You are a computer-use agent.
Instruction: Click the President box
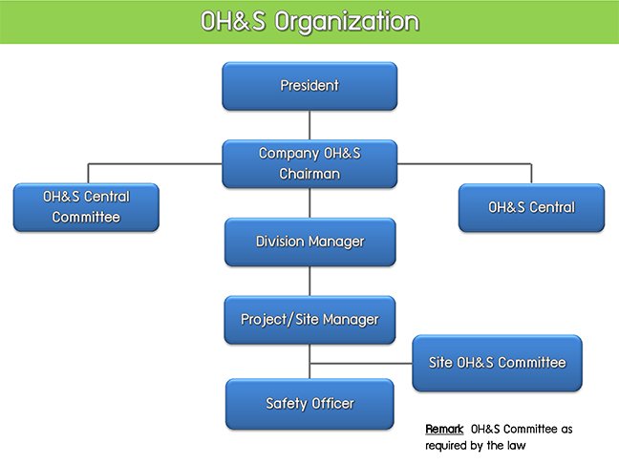click(309, 86)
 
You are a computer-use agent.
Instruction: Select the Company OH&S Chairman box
click(309, 164)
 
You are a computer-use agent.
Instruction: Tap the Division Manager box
click(309, 242)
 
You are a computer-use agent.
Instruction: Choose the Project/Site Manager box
click(309, 320)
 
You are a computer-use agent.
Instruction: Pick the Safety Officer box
click(309, 404)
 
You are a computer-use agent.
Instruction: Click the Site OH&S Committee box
click(497, 363)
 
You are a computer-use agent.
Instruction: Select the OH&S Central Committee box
click(86, 207)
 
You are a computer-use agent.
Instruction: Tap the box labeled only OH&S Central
click(531, 207)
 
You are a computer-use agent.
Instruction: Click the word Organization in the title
click(347, 22)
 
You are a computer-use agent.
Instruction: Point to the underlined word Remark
click(444, 429)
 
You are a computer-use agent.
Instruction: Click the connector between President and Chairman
click(309, 125)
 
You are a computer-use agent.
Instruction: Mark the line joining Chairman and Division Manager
click(309, 202)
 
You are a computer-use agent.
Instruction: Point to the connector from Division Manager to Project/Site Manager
click(309, 281)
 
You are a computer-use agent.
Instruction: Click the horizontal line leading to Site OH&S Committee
click(361, 363)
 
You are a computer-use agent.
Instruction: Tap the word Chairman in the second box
click(309, 174)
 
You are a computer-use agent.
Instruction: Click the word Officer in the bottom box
click(332, 403)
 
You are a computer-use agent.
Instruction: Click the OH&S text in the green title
click(233, 21)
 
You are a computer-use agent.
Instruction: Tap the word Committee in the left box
click(86, 217)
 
